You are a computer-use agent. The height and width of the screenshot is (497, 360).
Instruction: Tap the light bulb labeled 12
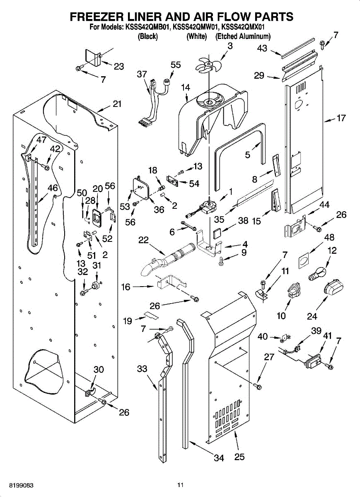pyautogui.click(x=318, y=274)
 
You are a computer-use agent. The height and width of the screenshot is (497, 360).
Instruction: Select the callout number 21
pyautogui.click(x=117, y=104)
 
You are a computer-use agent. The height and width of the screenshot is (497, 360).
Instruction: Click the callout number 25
pyautogui.click(x=239, y=457)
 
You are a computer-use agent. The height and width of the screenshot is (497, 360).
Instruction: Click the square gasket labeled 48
pyautogui.click(x=304, y=261)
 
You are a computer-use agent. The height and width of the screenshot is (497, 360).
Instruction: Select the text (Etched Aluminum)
pyautogui.click(x=243, y=36)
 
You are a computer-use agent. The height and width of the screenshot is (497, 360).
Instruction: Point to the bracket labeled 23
pyautogui.click(x=93, y=58)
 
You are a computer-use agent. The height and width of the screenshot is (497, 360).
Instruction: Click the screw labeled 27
pyautogui.click(x=259, y=386)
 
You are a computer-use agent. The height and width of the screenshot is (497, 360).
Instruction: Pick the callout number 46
pyautogui.click(x=53, y=188)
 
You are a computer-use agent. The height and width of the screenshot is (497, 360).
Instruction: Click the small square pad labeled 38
pyautogui.click(x=216, y=234)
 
